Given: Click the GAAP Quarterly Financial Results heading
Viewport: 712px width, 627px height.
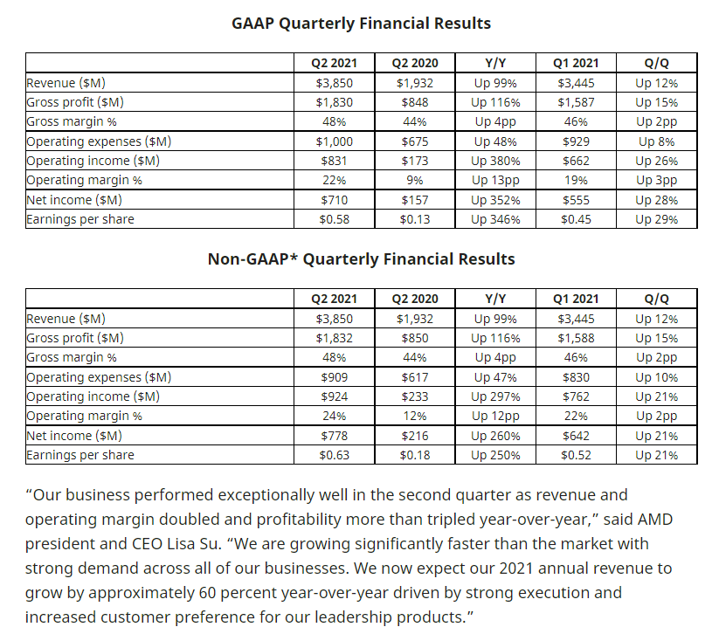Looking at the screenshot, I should (x=361, y=24).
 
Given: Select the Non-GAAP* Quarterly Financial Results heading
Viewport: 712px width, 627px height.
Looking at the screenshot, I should (x=361, y=259).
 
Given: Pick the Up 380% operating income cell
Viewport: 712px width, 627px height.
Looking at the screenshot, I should (x=495, y=161).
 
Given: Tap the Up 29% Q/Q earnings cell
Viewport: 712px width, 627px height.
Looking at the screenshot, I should (x=656, y=219).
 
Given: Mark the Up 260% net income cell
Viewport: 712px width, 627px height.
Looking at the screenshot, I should (x=495, y=436).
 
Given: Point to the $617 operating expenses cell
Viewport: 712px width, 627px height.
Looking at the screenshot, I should (x=414, y=377).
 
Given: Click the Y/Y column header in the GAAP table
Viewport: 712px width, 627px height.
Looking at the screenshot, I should (x=495, y=63).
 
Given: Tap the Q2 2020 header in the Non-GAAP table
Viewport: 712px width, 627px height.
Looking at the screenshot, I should (x=414, y=299).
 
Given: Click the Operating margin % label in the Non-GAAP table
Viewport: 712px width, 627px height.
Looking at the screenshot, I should (x=84, y=417).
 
